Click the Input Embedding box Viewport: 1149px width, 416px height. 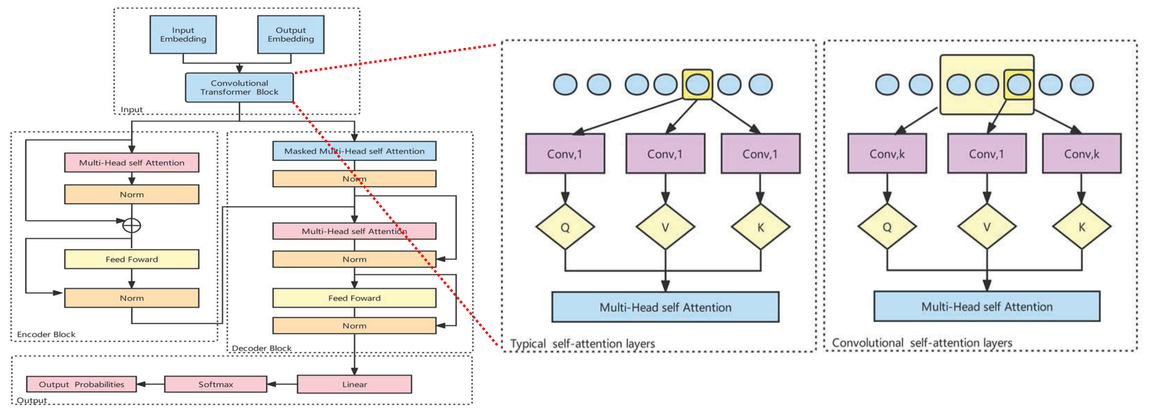click(183, 35)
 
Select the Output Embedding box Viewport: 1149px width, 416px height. click(291, 35)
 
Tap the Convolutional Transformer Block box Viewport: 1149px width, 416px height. click(239, 88)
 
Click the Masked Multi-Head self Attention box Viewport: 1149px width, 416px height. click(354, 151)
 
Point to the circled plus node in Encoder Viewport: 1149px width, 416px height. click(131, 225)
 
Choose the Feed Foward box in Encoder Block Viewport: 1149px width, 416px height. click(131, 259)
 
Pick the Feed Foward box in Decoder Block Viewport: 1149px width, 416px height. click(354, 298)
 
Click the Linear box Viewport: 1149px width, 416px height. click(354, 384)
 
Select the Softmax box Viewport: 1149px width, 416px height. click(216, 384)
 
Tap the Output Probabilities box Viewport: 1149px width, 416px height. click(81, 384)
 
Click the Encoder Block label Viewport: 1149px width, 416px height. click(46, 334)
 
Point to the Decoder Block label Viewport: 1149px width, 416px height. click(261, 348)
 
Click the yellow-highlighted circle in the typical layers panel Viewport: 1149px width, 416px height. click(697, 85)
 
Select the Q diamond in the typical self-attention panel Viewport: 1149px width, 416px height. click(565, 227)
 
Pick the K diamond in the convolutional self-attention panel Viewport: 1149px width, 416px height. click(1082, 227)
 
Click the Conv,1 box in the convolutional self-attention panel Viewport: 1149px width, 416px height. click(986, 154)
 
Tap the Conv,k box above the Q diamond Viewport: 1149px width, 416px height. click(887, 154)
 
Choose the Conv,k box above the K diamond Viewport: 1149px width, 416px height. click(1082, 154)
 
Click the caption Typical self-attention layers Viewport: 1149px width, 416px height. click(582, 344)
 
